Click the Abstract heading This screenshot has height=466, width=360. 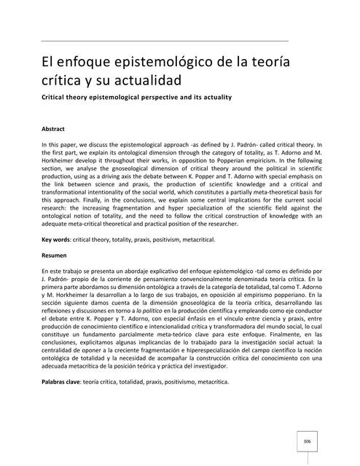(x=54, y=129)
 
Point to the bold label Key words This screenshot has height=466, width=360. (x=58, y=238)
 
